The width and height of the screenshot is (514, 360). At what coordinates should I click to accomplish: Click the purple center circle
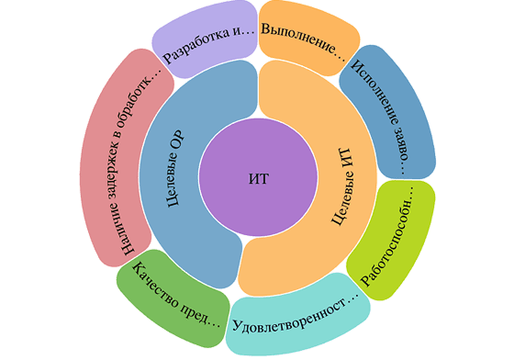258,177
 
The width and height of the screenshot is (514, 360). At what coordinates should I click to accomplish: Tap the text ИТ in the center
259,179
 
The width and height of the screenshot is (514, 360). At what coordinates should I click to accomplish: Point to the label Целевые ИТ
342,186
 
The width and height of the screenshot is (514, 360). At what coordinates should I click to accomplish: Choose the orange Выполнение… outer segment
307,36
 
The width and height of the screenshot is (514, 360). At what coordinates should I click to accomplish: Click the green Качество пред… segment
173,298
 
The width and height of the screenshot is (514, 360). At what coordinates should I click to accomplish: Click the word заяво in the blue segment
402,144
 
